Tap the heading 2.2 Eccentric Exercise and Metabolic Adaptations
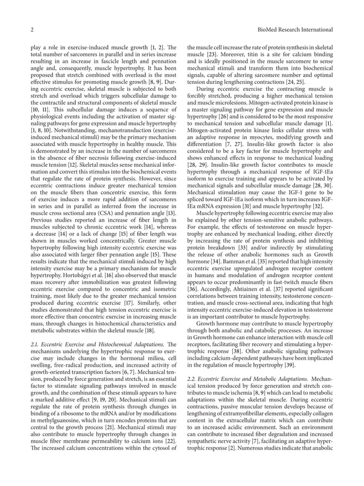(x=250, y=379)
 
